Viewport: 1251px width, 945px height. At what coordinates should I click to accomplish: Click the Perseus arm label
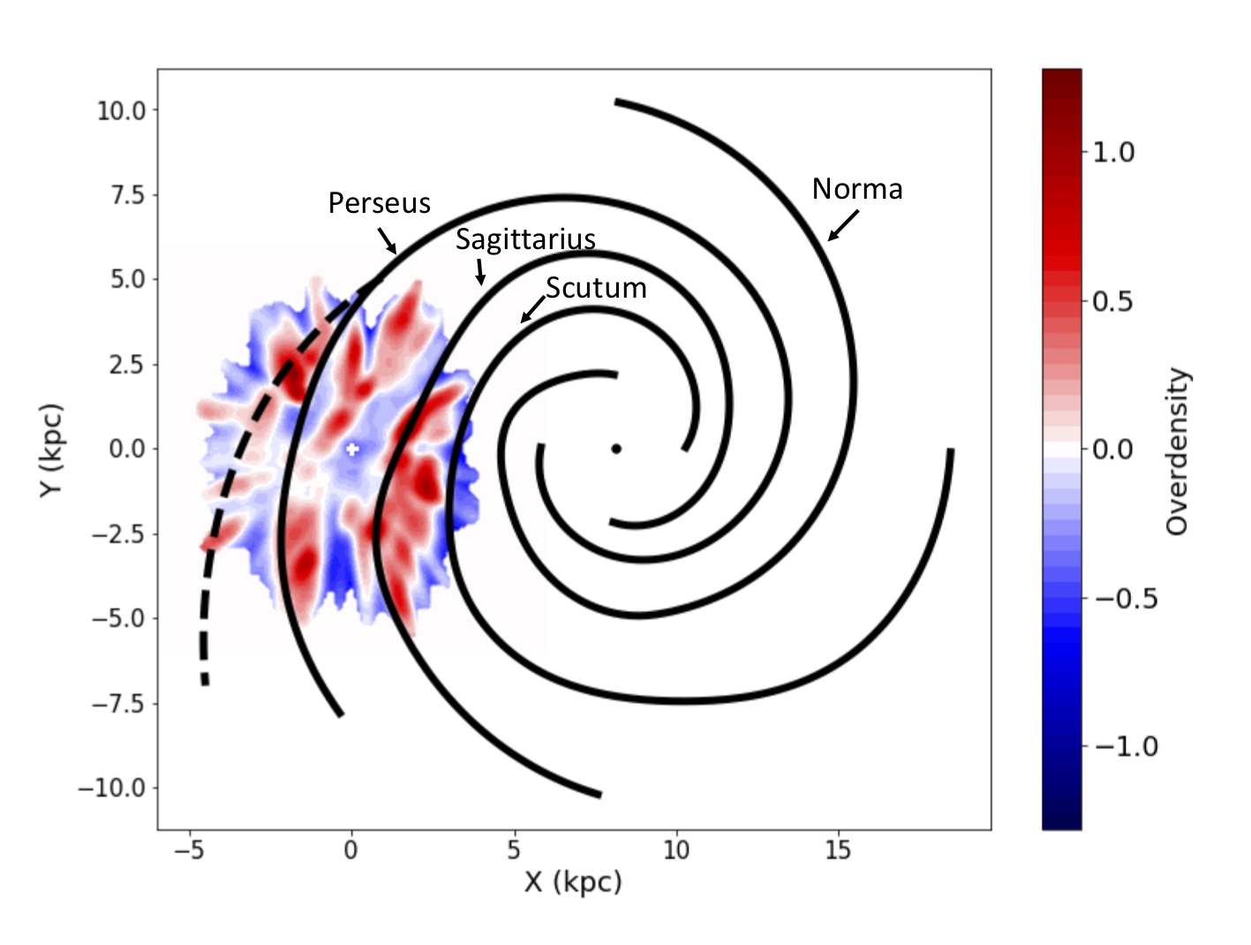point(379,204)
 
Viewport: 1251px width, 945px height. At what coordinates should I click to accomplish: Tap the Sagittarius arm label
point(525,239)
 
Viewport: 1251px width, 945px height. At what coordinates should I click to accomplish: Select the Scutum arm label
point(596,288)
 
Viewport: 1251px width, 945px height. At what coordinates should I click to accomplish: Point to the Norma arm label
point(857,189)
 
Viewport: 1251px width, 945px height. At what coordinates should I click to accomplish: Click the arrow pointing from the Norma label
point(843,225)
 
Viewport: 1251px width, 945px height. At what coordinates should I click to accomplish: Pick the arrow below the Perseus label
point(387,240)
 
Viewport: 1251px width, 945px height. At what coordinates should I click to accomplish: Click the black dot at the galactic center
point(616,449)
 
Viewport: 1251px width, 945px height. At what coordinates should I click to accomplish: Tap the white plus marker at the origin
point(351,449)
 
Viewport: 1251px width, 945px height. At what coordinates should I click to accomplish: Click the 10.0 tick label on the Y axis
point(122,110)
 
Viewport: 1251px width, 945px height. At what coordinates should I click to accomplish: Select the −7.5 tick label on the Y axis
point(118,704)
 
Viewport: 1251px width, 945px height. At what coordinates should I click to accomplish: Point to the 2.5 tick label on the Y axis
point(127,365)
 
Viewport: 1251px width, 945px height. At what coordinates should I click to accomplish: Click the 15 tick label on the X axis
point(838,850)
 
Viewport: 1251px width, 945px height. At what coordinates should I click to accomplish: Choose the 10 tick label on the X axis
point(676,850)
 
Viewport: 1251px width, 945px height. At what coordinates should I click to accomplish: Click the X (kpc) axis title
point(573,882)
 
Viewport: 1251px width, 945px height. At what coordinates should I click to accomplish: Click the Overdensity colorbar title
point(1178,450)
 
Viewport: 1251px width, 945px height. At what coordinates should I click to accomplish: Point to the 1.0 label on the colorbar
point(1113,153)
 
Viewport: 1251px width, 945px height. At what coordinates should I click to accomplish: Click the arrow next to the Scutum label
point(532,310)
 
